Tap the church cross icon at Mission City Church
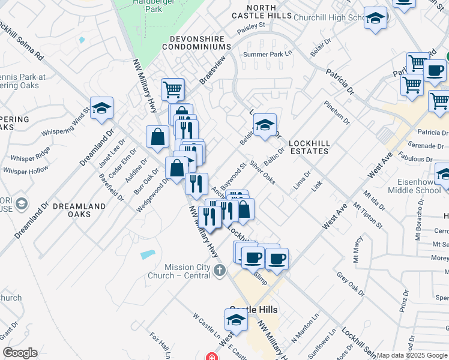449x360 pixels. pos(220,271)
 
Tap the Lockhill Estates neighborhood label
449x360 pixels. pos(309,147)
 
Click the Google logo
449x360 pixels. pos(20,353)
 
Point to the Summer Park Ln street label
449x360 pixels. pos(267,55)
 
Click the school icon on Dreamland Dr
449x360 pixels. pos(102,108)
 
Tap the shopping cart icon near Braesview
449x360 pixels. pos(172,89)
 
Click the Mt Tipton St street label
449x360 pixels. pos(368,216)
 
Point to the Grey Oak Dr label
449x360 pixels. pos(351,284)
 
